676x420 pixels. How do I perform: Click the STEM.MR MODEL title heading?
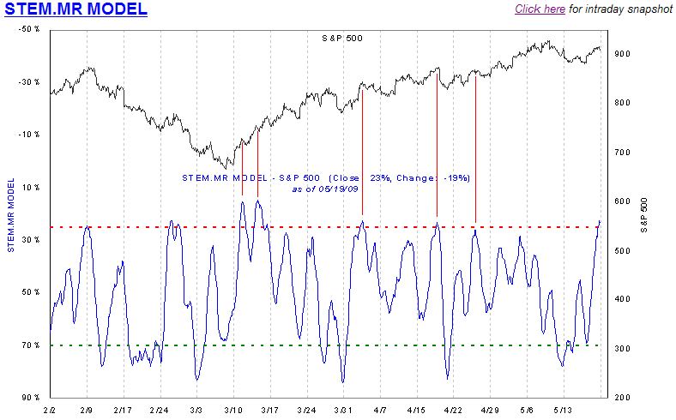point(75,10)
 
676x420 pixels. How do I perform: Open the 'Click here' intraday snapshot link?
point(540,9)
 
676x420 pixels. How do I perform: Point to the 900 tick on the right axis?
point(623,54)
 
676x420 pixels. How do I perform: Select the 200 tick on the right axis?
point(623,398)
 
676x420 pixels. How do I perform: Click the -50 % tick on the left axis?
point(29,29)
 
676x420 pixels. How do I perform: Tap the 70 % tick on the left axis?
point(32,345)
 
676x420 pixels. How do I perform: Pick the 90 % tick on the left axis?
point(32,398)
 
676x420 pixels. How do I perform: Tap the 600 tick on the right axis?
point(623,201)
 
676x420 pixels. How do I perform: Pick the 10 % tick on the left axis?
point(32,187)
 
